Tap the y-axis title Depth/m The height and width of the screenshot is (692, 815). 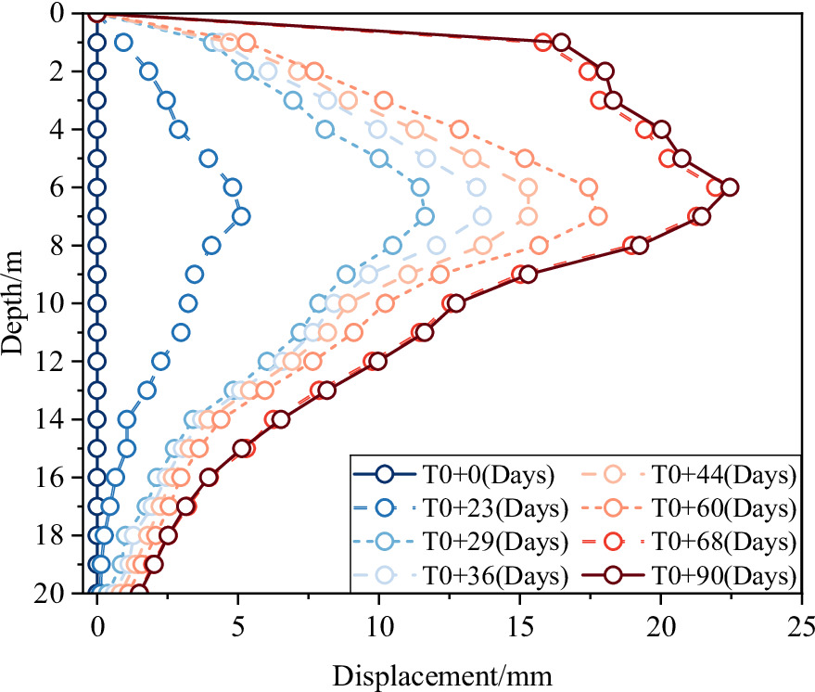coord(13,303)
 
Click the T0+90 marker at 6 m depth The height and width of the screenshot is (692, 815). coord(730,187)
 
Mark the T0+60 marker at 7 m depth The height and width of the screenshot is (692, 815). coord(598,216)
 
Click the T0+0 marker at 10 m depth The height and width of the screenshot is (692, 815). coord(97,303)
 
